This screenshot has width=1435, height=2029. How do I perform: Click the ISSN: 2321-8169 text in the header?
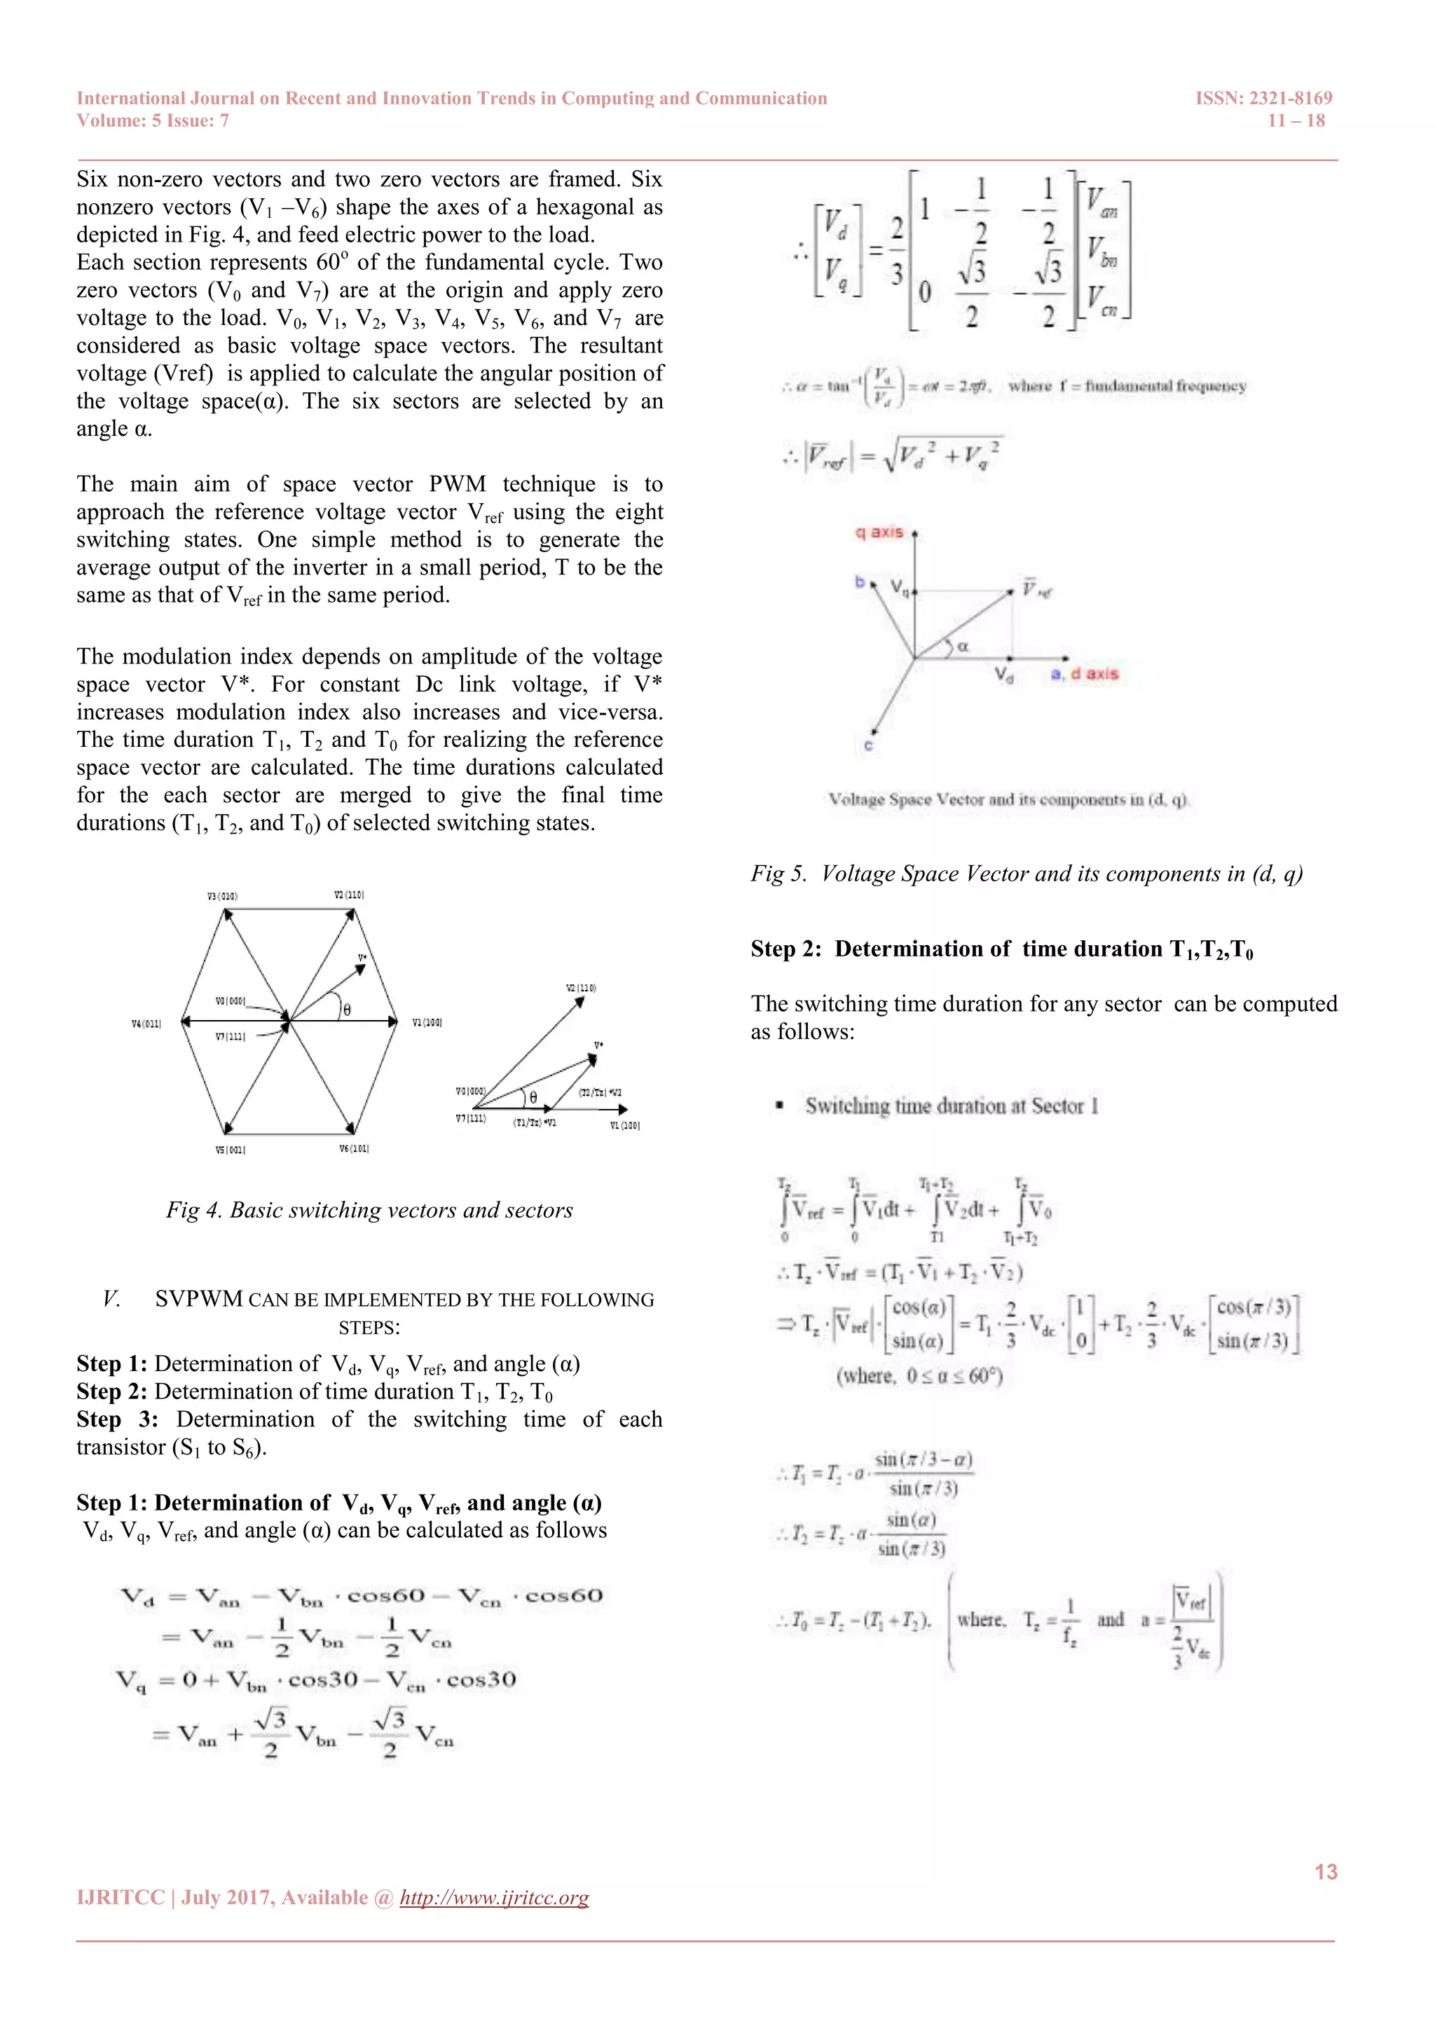[1263, 98]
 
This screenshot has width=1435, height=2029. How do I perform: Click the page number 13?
[1326, 1871]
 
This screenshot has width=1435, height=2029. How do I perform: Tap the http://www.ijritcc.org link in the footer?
[494, 1897]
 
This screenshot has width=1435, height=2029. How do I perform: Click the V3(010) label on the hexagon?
[222, 896]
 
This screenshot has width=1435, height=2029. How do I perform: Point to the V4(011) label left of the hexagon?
[146, 1024]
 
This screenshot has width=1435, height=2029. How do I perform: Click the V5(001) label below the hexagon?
[230, 1150]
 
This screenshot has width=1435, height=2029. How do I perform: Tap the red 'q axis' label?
[879, 532]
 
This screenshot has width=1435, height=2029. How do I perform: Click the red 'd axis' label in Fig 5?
[1094, 673]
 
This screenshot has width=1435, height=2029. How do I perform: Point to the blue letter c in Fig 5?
[867, 746]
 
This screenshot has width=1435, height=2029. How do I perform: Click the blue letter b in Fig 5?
[859, 582]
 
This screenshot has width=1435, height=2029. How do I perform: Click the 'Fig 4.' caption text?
[193, 1210]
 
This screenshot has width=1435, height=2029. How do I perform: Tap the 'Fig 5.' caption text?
[778, 874]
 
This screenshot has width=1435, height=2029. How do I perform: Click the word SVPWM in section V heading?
[198, 1299]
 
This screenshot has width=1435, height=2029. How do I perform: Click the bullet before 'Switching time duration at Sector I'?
[778, 1106]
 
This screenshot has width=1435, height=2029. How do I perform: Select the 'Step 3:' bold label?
[116, 1419]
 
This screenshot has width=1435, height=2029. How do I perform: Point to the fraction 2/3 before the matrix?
[896, 250]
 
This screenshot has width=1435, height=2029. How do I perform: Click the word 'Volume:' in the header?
[109, 121]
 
